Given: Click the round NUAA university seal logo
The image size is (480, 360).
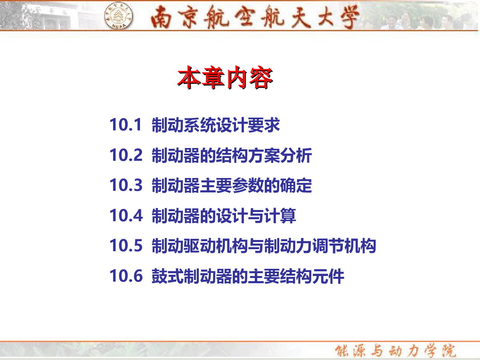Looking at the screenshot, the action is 118,15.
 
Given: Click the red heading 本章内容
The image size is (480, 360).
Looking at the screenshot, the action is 225,77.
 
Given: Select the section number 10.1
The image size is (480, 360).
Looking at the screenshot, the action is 126,124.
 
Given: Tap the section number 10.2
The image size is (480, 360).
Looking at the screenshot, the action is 126,155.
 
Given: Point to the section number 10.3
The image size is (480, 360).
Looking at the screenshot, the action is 126,185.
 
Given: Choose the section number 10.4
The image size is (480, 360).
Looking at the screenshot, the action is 126,215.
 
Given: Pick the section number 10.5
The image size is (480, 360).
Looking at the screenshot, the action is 126,246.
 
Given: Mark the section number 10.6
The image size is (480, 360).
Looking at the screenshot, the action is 126,276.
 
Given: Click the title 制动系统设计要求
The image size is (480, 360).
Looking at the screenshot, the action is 216,125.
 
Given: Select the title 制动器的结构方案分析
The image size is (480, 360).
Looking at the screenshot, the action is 232,155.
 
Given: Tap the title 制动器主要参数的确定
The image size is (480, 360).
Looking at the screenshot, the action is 232,185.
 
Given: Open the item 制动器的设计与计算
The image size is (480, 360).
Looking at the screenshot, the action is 224,216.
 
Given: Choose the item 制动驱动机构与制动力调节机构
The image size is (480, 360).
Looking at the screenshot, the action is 264,246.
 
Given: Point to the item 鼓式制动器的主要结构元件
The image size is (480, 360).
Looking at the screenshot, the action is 248,276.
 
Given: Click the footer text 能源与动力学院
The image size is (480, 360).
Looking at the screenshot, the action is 395,351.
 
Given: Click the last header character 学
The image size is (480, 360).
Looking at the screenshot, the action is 348,17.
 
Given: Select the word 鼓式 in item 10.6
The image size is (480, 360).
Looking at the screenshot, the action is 168,276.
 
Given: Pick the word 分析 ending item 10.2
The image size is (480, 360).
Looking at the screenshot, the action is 296,155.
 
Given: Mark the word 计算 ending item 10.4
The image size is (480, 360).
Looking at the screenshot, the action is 280,216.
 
